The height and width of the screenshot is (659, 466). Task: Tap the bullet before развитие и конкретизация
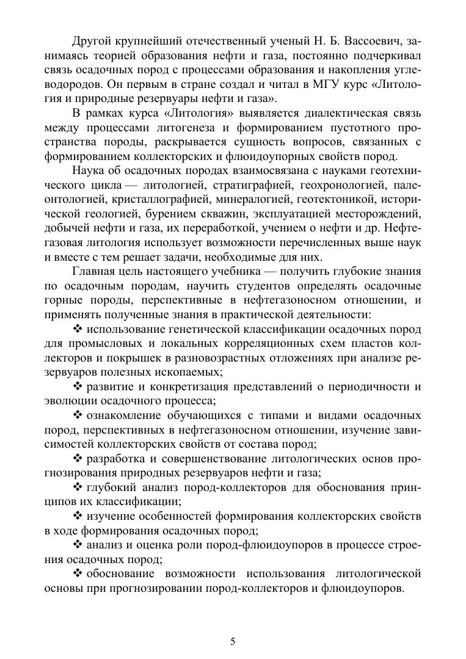click(78, 387)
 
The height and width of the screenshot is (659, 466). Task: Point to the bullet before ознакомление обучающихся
click(78, 416)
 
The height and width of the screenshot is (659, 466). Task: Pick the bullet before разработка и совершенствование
click(78, 459)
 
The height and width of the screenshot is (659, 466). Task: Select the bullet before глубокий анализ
click(78, 487)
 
